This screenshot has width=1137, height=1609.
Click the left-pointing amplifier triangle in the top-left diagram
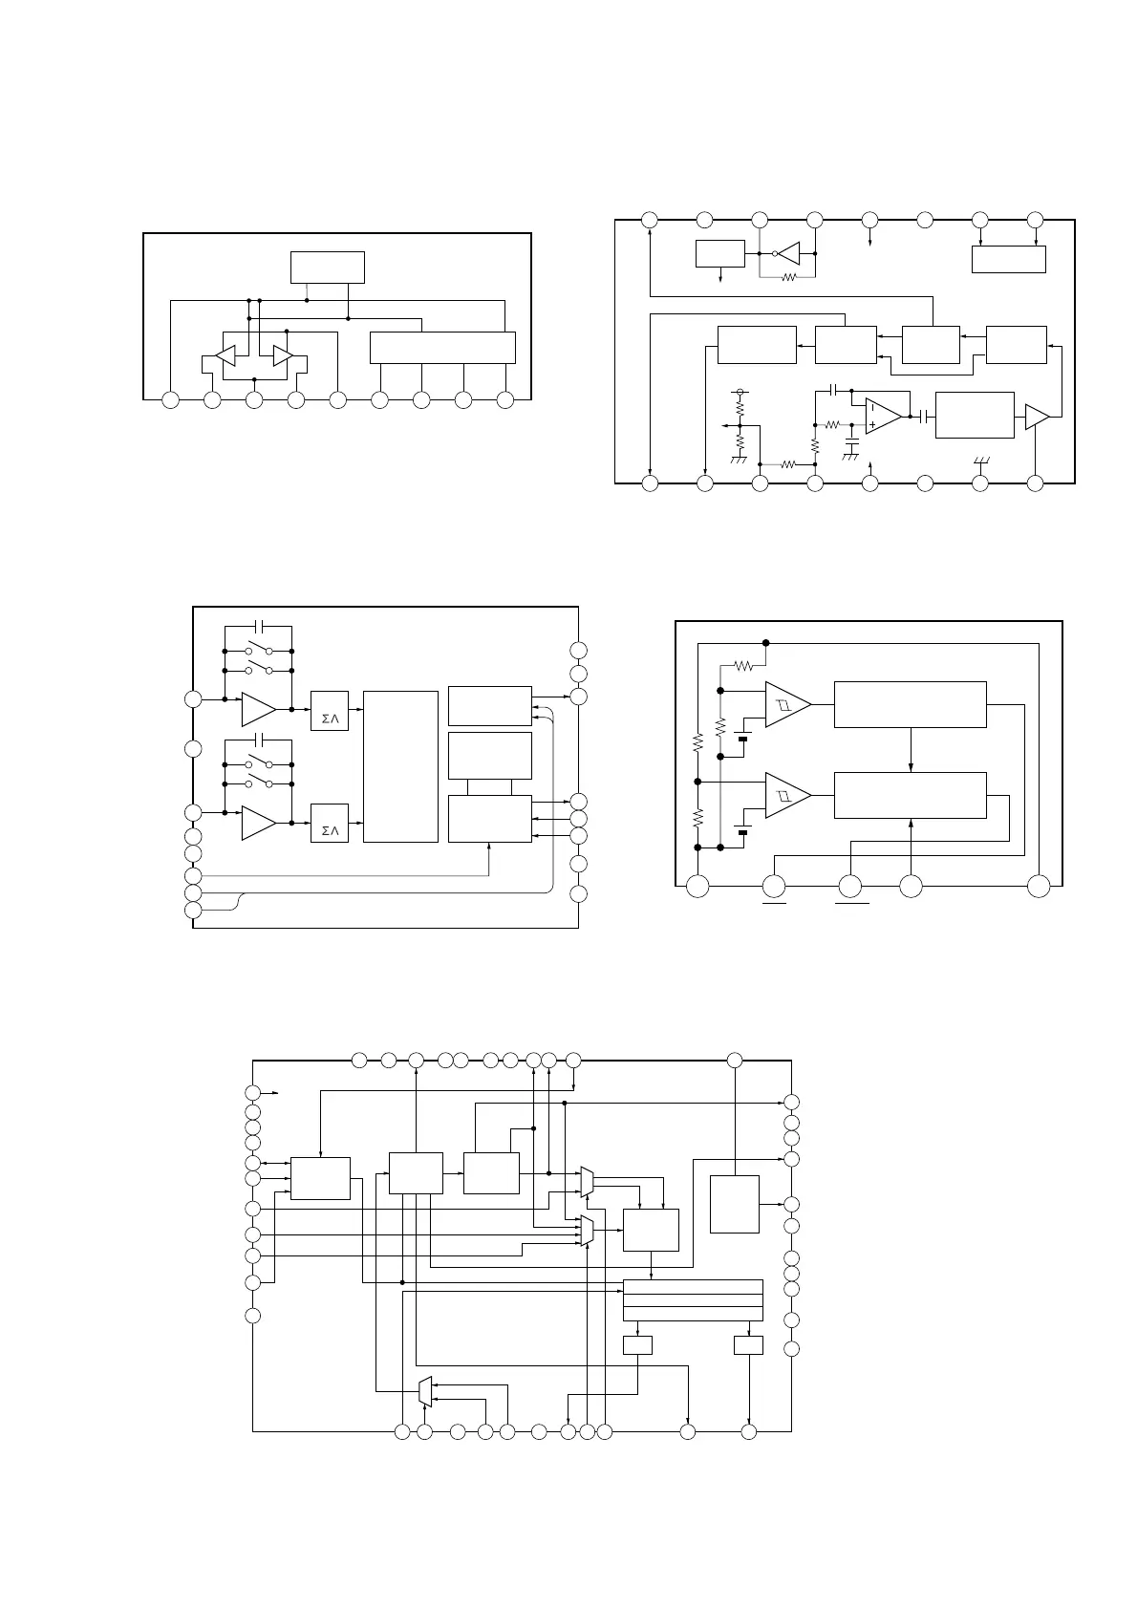[225, 355]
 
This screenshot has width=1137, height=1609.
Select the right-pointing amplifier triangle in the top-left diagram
[283, 355]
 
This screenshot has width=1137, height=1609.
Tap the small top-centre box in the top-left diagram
[328, 267]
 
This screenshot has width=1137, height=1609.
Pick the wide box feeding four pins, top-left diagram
[442, 348]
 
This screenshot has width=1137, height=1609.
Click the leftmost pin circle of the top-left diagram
[170, 400]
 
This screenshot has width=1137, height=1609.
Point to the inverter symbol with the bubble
[788, 253]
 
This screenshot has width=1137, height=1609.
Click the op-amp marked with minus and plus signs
[883, 416]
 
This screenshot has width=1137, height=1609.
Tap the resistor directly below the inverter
[787, 278]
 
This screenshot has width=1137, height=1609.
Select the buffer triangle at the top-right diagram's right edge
[1037, 417]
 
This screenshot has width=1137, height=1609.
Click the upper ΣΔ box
[330, 711]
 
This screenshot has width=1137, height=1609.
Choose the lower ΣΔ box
[330, 823]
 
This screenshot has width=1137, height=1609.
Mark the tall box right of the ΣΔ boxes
[401, 766]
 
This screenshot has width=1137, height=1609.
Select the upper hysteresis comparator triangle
[786, 704]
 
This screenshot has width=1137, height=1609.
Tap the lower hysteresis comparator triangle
[786, 795]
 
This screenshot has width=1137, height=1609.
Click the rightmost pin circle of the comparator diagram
[1039, 886]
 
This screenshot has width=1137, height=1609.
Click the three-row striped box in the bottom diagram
[693, 1299]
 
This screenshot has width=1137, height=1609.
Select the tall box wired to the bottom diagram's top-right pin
[735, 1204]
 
